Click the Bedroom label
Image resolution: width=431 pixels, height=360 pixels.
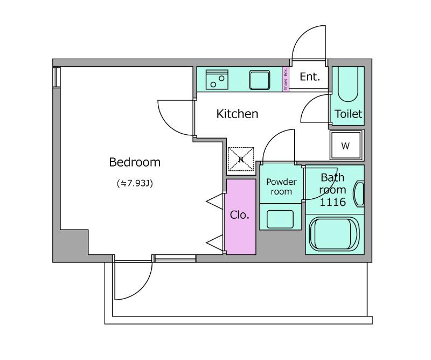click(x=135, y=162)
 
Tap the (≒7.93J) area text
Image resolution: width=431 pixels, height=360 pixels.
click(x=135, y=183)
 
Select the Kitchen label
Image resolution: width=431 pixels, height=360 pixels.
click(x=237, y=114)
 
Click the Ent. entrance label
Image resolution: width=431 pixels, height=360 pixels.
click(x=310, y=77)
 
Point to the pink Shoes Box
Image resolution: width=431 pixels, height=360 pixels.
click(x=286, y=79)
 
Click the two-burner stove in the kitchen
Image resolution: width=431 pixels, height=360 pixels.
click(x=217, y=79)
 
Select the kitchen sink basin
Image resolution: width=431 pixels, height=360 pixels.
click(x=260, y=80)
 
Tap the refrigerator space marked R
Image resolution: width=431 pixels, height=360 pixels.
click(x=241, y=159)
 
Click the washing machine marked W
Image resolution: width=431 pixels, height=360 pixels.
click(x=346, y=145)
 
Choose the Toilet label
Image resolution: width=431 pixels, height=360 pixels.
click(x=348, y=114)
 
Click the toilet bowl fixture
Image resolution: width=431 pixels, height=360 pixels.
click(x=347, y=85)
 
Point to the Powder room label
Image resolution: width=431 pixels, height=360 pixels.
click(x=281, y=186)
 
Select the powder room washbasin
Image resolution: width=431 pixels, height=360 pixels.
click(x=280, y=219)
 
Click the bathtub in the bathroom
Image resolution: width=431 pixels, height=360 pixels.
click(x=334, y=234)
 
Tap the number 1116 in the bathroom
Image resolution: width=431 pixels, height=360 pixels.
click(x=332, y=202)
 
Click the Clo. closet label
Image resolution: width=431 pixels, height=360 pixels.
click(x=239, y=215)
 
